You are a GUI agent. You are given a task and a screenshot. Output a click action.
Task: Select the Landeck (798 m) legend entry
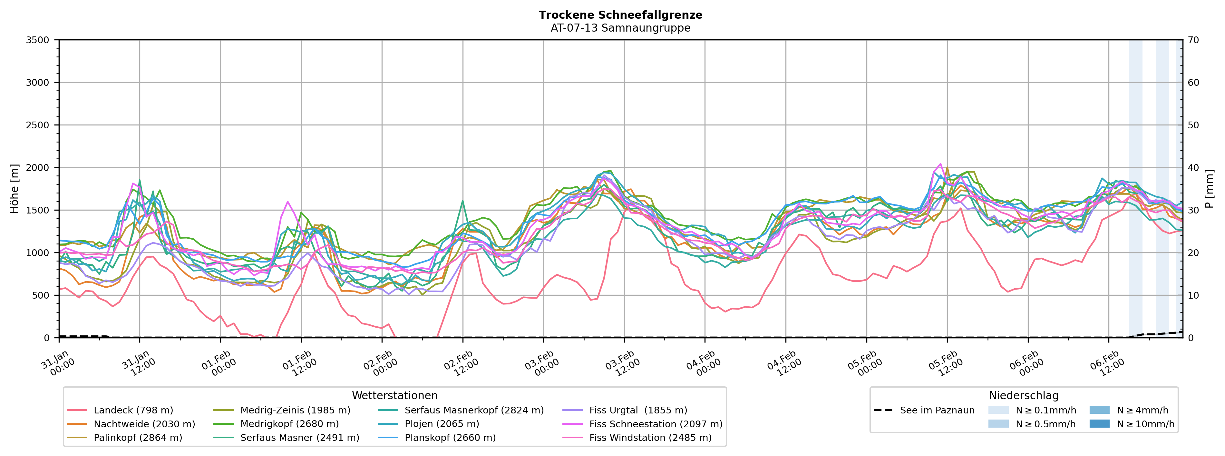[x=133, y=410]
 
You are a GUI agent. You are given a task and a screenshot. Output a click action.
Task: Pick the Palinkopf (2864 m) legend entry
[x=138, y=437]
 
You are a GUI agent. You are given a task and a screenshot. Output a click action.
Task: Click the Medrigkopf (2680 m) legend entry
[x=289, y=424]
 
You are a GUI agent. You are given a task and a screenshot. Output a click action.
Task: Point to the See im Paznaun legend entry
[x=937, y=410]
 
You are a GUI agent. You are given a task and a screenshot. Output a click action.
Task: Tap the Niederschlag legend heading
[x=1023, y=396]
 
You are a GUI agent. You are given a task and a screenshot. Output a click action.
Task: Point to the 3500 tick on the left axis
[x=38, y=40]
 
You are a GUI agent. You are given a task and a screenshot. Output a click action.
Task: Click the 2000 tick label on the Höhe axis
[x=38, y=168]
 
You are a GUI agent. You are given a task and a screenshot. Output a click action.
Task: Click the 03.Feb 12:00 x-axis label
[x=621, y=364]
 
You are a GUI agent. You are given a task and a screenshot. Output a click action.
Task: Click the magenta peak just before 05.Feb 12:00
[x=940, y=164]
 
